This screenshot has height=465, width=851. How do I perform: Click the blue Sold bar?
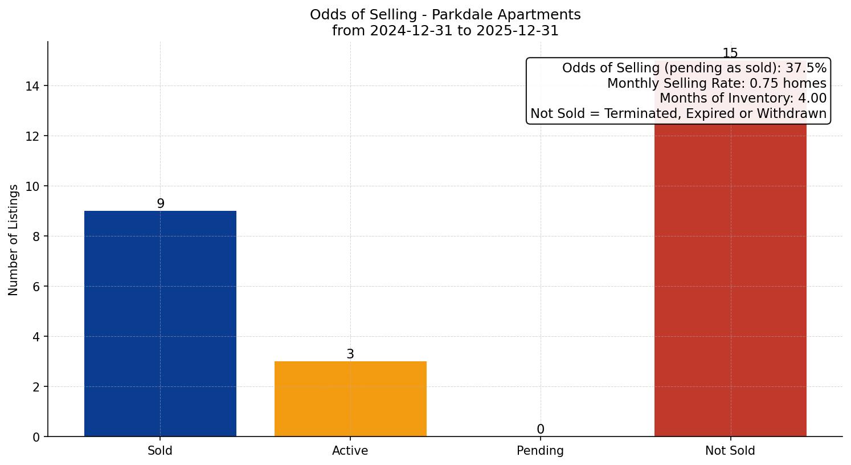click(160, 324)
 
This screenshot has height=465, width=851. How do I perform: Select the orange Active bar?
click(350, 399)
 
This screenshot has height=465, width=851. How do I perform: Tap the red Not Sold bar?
click(730, 279)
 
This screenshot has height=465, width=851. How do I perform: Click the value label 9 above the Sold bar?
click(161, 203)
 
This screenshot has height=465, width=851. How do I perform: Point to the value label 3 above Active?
click(350, 354)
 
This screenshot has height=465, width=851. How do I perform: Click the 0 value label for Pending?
click(540, 429)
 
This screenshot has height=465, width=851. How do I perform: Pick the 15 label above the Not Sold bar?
click(730, 53)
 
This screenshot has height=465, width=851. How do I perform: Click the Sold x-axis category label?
click(160, 451)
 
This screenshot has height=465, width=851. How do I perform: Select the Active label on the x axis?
click(350, 451)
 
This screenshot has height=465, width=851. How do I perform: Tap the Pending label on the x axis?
click(540, 451)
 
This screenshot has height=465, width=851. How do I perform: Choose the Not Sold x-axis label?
click(730, 451)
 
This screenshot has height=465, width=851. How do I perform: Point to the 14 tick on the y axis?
click(32, 86)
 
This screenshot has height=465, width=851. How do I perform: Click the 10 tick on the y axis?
click(32, 186)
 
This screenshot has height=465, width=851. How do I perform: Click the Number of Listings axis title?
click(14, 239)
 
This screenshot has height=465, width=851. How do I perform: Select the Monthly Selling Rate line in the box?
click(716, 83)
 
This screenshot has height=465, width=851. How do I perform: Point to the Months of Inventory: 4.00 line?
click(743, 98)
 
